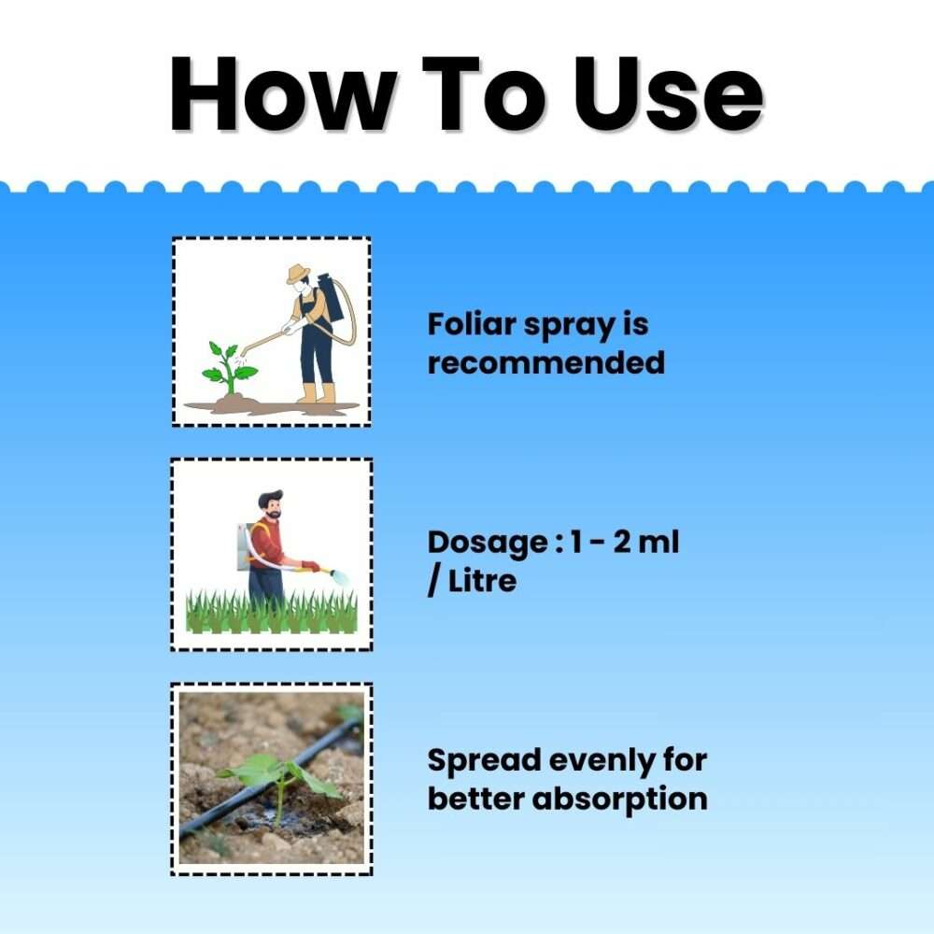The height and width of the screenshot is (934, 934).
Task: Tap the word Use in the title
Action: pyautogui.click(x=669, y=93)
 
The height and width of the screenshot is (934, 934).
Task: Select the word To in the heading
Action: pyautogui.click(x=484, y=93)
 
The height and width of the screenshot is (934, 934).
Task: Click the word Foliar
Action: pyautogui.click(x=472, y=325)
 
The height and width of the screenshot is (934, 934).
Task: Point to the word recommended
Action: pyautogui.click(x=546, y=362)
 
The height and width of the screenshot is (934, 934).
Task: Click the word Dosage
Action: pyautogui.click(x=488, y=544)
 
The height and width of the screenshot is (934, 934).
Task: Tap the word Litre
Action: pyautogui.click(x=482, y=581)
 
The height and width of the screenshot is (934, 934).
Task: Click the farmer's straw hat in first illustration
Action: pyautogui.click(x=298, y=273)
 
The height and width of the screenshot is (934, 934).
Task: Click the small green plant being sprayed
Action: pyautogui.click(x=228, y=367)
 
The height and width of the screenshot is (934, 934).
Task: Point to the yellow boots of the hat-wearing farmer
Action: pyautogui.click(x=318, y=393)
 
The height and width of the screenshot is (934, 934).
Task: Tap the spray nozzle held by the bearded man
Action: pyautogui.click(x=338, y=576)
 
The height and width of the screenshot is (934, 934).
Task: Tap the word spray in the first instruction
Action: pyautogui.click(x=569, y=326)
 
